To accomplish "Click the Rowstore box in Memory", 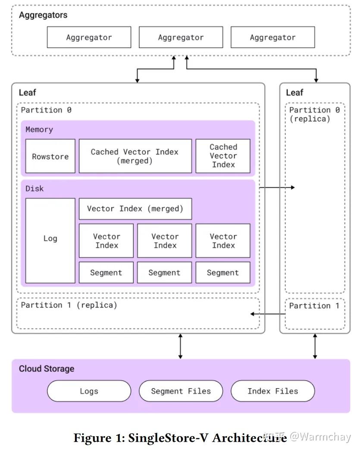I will (50, 156).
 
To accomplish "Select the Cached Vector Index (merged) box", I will (135, 156).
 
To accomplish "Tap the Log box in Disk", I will (50, 239).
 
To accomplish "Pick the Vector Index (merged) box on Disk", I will (135, 209).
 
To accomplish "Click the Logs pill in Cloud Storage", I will (89, 391).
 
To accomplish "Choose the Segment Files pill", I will (181, 391).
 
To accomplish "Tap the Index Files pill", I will (272, 391).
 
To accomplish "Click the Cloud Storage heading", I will (47, 369).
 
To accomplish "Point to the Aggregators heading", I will (43, 15).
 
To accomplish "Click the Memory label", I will (39, 129).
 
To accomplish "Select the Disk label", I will (34, 189).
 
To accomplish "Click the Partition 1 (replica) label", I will (69, 305).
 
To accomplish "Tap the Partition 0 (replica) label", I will (314, 114).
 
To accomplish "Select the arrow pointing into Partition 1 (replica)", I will (267, 314).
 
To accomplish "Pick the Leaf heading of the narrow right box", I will (294, 92).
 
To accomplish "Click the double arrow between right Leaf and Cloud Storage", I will (315, 346).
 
